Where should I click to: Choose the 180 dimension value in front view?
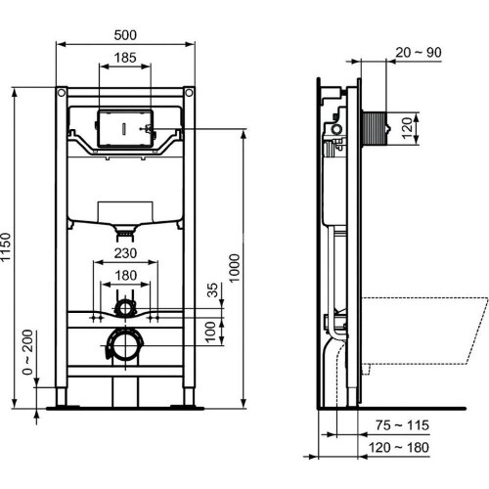124,277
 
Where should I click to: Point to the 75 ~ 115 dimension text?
401,425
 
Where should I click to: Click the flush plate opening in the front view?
126,127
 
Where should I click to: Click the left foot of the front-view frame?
65,396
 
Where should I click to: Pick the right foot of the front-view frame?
186,396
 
